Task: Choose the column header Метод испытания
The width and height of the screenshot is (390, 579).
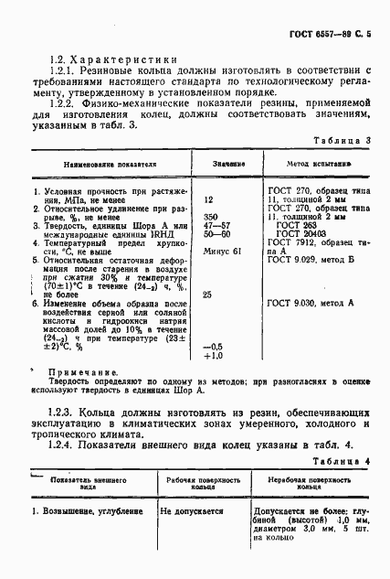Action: (313, 165)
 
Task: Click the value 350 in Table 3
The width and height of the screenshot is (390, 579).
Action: (210, 216)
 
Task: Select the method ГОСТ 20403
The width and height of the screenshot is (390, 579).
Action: (300, 233)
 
